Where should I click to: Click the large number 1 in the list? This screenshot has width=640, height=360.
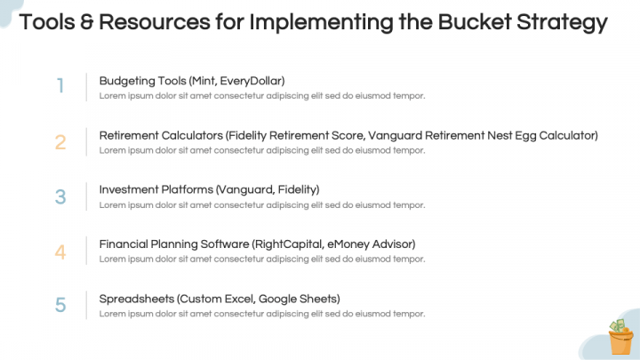click(60, 86)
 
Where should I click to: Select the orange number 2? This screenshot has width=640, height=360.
click(60, 141)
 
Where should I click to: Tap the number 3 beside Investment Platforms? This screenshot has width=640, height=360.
click(60, 196)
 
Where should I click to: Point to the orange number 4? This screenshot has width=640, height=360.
click(60, 252)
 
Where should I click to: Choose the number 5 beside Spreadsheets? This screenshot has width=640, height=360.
click(60, 305)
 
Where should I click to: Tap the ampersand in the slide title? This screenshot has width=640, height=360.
click(82, 22)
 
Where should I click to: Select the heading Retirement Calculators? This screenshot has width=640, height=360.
click(159, 135)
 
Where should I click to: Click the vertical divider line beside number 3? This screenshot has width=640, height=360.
click(86, 196)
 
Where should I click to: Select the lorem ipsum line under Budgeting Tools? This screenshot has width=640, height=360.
click(262, 96)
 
